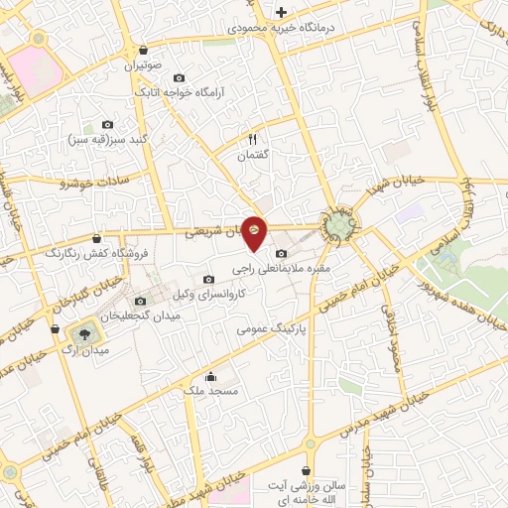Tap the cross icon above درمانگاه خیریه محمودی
[282, 13]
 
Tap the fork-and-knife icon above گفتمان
[252, 140]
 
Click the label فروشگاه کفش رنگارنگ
[96, 253]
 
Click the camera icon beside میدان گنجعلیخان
[139, 301]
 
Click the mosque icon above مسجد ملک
[209, 376]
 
